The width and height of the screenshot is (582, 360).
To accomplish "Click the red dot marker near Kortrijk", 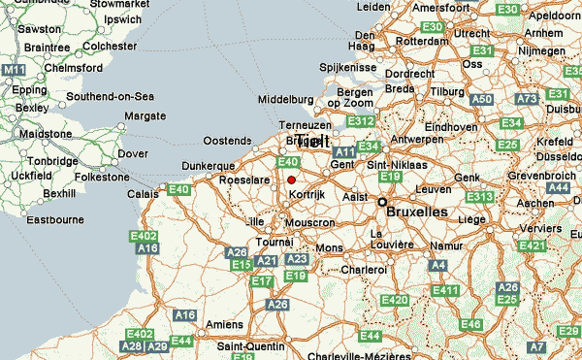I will pyautogui.click(x=291, y=179).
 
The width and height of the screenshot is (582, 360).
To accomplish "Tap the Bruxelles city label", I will pyautogui.click(x=417, y=211).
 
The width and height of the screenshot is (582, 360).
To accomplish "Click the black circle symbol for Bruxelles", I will pyautogui.click(x=382, y=203).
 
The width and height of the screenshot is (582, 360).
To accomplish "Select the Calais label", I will pyautogui.click(x=142, y=194).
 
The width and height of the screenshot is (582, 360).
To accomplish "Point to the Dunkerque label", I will pyautogui.click(x=210, y=166).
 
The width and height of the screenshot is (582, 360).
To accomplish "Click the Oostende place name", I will pyautogui.click(x=226, y=141).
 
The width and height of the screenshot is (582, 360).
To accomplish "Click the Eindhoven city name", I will pyautogui.click(x=451, y=127).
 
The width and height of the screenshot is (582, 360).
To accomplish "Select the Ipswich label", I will pyautogui.click(x=122, y=19).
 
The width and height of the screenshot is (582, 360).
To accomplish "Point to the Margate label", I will pyautogui.click(x=145, y=116).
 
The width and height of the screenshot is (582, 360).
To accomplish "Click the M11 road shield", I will pyautogui.click(x=13, y=71).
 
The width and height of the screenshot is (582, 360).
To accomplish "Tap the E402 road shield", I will pyautogui.click(x=145, y=237).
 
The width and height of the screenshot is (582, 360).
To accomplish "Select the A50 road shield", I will pyautogui.click(x=481, y=100).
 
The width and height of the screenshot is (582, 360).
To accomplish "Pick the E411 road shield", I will pyautogui.click(x=446, y=290).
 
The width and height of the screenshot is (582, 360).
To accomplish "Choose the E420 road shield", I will pyautogui.click(x=395, y=301).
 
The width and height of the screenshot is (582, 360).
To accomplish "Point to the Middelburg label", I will pyautogui.click(x=286, y=100).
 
